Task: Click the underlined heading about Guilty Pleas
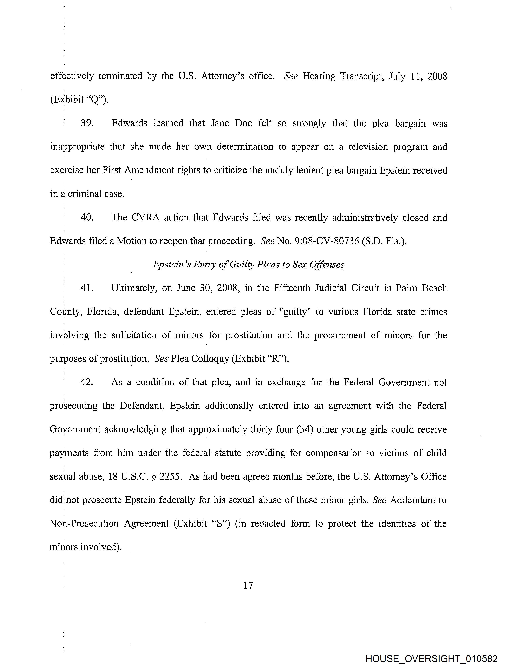pos(249,265)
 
